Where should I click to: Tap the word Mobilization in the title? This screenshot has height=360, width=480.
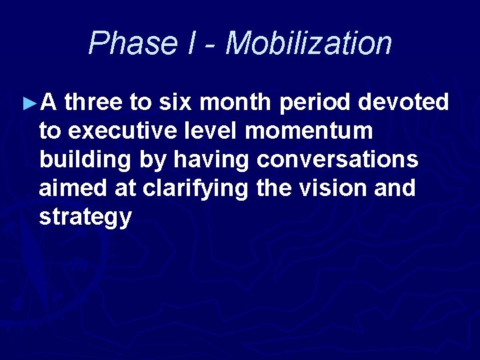tap(309, 43)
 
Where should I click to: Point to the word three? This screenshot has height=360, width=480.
tap(95, 103)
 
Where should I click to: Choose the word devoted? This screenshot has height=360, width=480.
tap(405, 103)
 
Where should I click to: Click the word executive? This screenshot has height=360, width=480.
tap(113, 131)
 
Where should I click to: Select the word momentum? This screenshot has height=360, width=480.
tap(308, 131)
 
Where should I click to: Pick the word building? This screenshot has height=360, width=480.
tap(77, 160)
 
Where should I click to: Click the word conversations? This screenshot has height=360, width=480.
tap(337, 160)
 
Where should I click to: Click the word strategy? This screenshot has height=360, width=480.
tap(85, 217)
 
